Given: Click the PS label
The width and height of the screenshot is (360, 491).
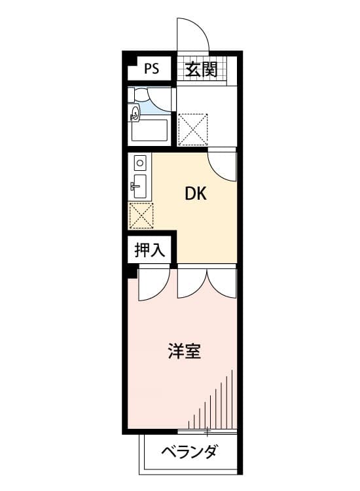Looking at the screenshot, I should [151, 69].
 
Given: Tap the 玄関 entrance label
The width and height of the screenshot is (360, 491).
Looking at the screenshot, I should [200, 69].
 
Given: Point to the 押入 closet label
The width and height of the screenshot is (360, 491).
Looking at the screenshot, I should [149, 249].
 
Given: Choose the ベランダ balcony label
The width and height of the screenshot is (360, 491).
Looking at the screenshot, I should [189, 452].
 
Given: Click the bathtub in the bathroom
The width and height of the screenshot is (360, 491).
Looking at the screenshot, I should [150, 131].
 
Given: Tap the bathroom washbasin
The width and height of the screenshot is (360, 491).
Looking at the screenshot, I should [135, 114].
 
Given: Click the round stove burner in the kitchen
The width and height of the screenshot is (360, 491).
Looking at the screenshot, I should [140, 161].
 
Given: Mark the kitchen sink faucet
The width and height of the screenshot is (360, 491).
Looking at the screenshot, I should [134, 187].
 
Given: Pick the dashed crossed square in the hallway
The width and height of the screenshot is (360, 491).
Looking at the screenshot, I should [193, 128].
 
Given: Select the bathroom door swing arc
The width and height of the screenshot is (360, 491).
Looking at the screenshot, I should [158, 101].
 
